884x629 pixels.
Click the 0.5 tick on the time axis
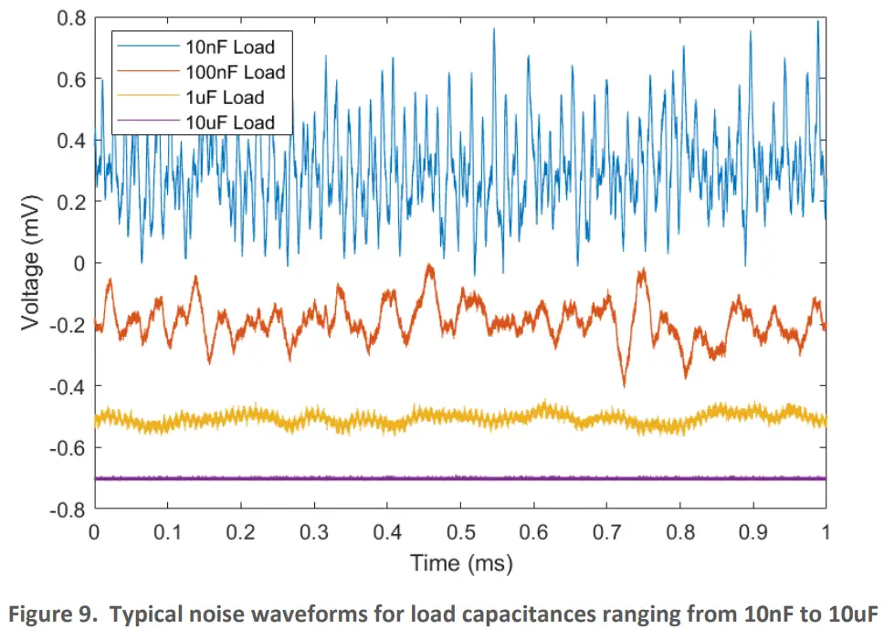click(x=460, y=530)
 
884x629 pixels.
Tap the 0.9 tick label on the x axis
click(x=752, y=530)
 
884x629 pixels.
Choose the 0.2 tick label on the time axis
click(x=240, y=530)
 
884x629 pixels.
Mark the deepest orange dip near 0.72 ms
click(x=625, y=385)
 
